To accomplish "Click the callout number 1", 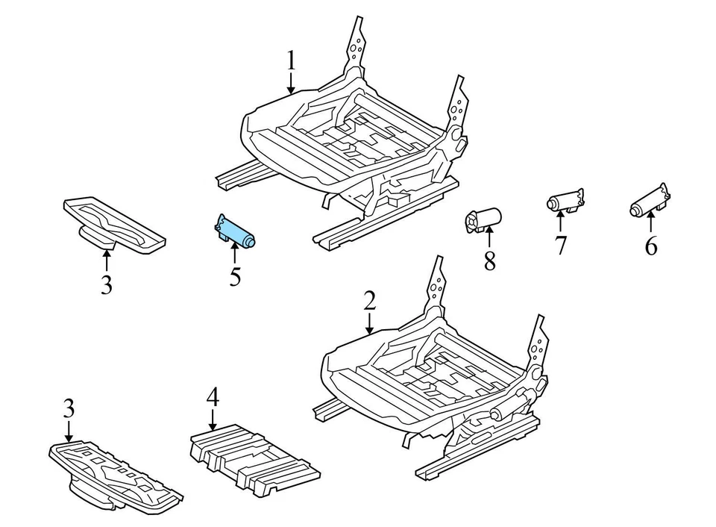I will [291, 60].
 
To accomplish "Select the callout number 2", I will [369, 301].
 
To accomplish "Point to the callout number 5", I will [235, 277].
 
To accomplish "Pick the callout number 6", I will [651, 246].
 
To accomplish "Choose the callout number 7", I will [560, 244].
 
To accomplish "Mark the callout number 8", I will [489, 262].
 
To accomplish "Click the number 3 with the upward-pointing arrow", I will [107, 284].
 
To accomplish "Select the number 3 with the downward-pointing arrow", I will [69, 409].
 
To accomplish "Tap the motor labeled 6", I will [648, 202].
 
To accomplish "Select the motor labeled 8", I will [483, 219].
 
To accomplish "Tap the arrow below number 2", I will [369, 322].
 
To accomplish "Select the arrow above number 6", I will [650, 222].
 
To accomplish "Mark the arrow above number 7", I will [560, 221].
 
